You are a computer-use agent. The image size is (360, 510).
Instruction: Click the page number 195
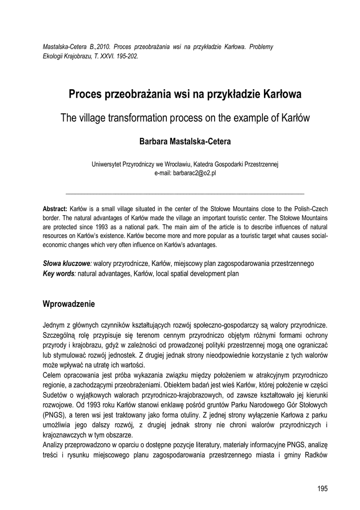click(x=322, y=488)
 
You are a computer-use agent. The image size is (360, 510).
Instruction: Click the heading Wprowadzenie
click(x=72, y=303)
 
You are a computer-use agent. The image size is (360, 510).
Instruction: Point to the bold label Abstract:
click(x=55, y=209)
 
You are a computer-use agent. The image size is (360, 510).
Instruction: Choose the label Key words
click(x=59, y=273)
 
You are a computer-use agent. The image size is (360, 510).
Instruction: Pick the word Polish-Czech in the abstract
click(x=308, y=209)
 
